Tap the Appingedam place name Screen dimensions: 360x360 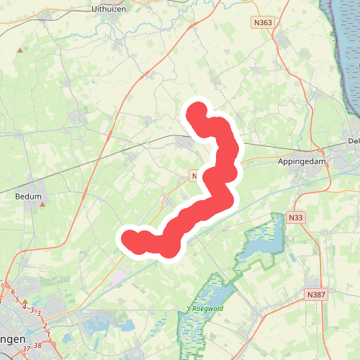[x=302, y=162]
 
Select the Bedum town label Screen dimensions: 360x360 [x=29, y=195]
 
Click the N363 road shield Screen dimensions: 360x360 [x=264, y=23]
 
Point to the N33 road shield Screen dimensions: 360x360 [x=294, y=217]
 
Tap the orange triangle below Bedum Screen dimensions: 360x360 [x=42, y=204]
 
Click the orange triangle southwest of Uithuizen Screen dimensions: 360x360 [x=20, y=50]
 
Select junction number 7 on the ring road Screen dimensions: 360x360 [x=6, y=286]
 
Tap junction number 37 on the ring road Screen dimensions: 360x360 [x=27, y=349]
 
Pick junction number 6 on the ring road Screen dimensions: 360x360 [x=12, y=291]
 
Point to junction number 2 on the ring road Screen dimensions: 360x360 [x=45, y=326]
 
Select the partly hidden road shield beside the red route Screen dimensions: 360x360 [x=194, y=175]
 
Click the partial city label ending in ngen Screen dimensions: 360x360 [x=14, y=338]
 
